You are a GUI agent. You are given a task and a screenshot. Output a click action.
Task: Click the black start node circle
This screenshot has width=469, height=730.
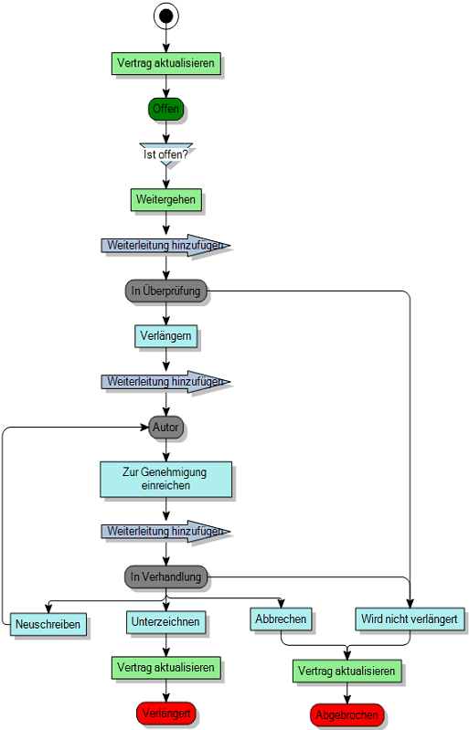click(165, 16)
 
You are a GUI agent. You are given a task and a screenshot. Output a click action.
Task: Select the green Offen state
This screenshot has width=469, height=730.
click(165, 109)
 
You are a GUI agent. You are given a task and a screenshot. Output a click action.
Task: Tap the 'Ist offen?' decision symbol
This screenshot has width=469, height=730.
click(165, 153)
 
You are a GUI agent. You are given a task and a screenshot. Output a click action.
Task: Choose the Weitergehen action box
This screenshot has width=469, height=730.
click(165, 199)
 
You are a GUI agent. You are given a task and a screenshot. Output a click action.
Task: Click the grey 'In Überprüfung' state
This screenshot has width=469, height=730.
click(165, 291)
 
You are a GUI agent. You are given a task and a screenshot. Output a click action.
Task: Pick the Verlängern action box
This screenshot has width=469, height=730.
click(165, 336)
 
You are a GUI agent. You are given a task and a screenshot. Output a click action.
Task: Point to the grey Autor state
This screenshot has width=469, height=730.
click(165, 427)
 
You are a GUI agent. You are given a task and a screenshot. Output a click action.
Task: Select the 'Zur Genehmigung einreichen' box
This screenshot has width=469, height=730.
click(165, 479)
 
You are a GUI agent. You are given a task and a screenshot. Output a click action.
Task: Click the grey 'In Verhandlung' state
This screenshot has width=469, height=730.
click(165, 577)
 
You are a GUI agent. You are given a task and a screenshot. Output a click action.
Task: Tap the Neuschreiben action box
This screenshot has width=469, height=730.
click(48, 626)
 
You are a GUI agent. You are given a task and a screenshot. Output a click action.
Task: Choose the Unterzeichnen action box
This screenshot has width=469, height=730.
click(165, 622)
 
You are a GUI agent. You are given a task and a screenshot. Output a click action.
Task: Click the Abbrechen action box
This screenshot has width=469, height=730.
click(280, 619)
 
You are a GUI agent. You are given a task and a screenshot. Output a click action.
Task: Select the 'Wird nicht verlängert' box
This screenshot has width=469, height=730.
click(410, 619)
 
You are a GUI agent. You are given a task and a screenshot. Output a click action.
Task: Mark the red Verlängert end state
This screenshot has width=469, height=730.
click(165, 713)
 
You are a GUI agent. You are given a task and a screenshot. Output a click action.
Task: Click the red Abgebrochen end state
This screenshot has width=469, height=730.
click(346, 715)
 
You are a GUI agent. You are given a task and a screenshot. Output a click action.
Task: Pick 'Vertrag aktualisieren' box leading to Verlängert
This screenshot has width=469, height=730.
click(165, 667)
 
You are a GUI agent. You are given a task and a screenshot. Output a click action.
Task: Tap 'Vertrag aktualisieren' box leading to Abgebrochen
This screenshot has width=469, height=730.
click(346, 672)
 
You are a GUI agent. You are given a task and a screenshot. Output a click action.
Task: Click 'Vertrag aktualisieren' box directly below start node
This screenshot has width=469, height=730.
click(165, 64)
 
